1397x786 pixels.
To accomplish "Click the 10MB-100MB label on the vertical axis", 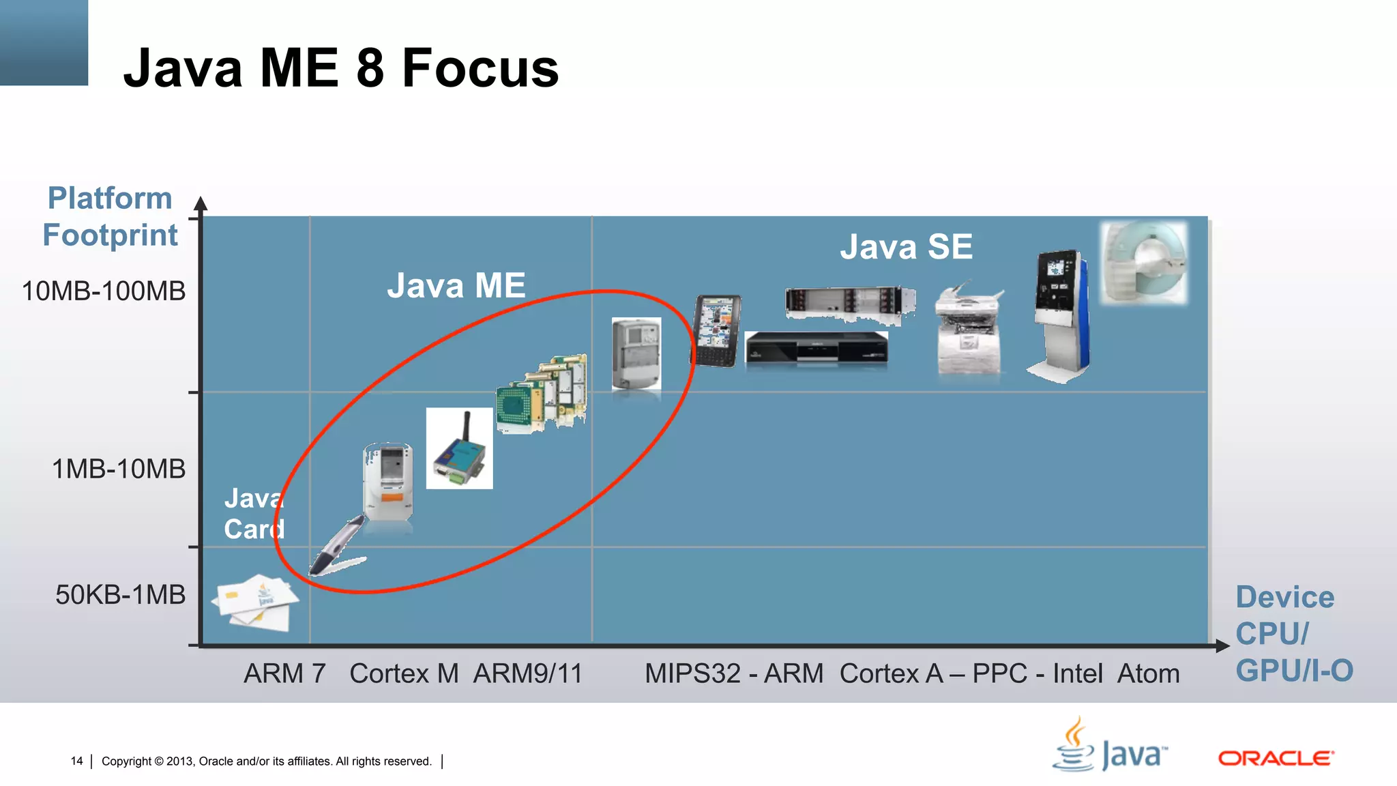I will pos(104,291).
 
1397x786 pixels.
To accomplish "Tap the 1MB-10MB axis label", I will pos(119,469).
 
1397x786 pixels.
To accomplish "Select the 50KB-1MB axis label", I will pos(120,595).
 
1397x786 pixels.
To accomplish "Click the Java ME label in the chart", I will pos(456,285).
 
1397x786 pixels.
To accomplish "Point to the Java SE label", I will pos(906,246).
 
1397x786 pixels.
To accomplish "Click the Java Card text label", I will pos(254,514).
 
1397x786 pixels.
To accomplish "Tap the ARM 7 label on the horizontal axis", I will pos(284,674).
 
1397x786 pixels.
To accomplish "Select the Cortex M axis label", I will pos(404,674).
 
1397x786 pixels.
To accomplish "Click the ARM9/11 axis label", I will pos(528,674).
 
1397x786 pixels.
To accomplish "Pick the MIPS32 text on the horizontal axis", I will pos(692,674).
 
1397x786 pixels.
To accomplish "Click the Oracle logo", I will pos(1276,758).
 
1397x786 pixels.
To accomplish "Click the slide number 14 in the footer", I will pos(76,761).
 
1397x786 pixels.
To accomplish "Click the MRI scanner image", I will pos(1145,262).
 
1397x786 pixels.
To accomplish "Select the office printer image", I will pos(969,329).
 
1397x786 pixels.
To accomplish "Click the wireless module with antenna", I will pos(460,448).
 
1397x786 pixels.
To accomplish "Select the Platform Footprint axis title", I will pos(110,216).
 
